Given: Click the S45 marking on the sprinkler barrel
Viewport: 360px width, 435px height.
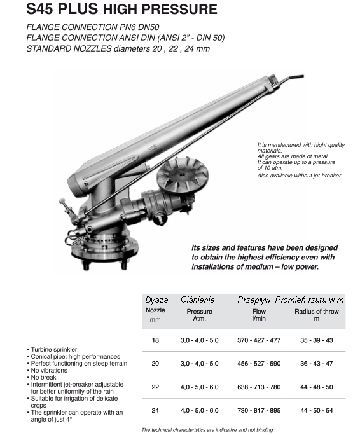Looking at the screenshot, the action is tap(153, 148).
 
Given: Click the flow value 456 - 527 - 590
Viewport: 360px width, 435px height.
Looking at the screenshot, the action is tap(259, 363).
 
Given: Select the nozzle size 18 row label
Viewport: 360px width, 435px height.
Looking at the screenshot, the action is tap(155, 340).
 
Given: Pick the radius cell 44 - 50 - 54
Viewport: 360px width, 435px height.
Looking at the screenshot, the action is tap(316, 410).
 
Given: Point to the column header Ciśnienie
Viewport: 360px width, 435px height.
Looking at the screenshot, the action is tap(198, 300).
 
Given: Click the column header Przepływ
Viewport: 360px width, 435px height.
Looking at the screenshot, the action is tap(254, 300).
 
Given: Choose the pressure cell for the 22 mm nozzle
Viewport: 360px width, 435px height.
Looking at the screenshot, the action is tap(199, 387).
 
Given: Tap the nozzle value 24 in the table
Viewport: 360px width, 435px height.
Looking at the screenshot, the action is tap(155, 410).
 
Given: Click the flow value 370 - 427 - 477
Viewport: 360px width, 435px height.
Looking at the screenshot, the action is tap(259, 340).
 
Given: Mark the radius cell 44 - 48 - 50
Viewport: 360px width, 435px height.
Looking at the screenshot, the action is tap(316, 387).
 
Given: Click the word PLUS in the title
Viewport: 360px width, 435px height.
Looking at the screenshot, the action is tap(78, 9).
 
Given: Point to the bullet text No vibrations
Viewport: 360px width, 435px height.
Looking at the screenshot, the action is tap(49, 370).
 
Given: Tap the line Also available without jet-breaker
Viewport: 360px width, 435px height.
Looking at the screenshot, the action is tap(299, 176).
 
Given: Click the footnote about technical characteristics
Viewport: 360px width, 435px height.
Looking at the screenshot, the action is tap(207, 430).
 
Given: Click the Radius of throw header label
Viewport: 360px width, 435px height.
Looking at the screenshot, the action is tap(317, 311).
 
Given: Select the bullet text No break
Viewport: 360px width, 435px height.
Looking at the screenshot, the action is tap(44, 378).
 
